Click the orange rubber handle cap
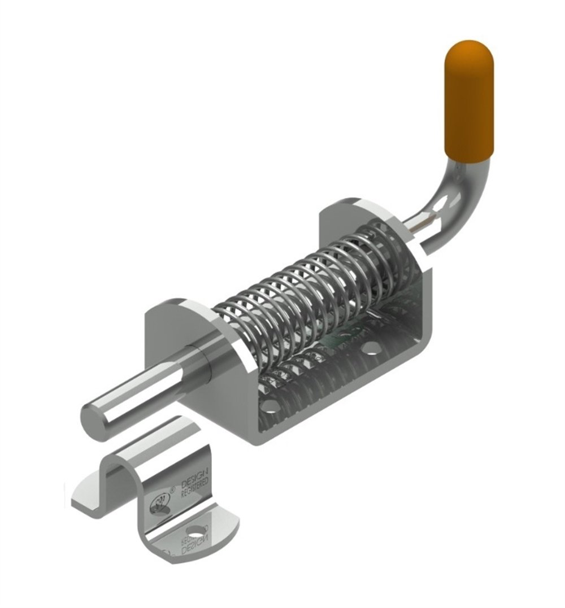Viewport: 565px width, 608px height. pos(469,102)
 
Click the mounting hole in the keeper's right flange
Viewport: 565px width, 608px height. pos(197,531)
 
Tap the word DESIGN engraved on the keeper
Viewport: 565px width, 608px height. pos(195,478)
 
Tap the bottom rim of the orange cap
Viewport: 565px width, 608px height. pos(469,155)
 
